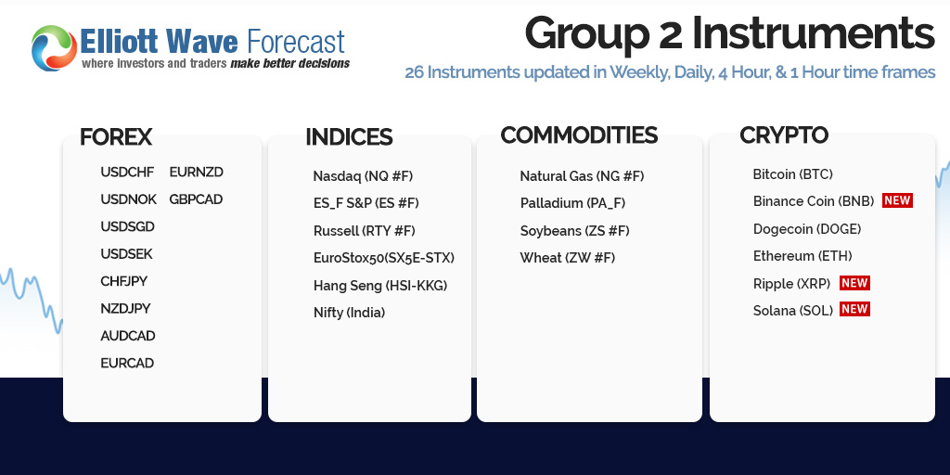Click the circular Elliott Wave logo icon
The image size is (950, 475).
coord(55,48)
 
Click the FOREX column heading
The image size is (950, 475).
coord(116,137)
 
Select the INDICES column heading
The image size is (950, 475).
coord(349,137)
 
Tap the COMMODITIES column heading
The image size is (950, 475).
coord(579,135)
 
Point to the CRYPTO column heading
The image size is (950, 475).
coord(784,135)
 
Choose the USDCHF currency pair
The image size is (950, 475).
coord(127,172)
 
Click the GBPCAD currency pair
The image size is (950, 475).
coord(196,199)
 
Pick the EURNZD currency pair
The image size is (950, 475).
coord(197,172)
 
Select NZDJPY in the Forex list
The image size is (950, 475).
coord(125,308)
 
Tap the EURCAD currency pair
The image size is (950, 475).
coord(127,363)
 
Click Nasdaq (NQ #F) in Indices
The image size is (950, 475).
coord(363,176)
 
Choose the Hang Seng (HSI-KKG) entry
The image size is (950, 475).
coord(380,286)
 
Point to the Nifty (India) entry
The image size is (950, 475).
coord(350,313)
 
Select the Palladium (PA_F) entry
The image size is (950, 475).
coord(573,203)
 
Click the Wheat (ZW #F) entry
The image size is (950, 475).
coord(568,258)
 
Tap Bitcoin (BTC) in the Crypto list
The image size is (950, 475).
coord(793,174)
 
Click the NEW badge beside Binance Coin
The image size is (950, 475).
coord(897,200)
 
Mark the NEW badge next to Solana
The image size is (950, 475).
coord(854,309)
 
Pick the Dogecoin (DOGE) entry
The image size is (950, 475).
coord(807,229)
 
